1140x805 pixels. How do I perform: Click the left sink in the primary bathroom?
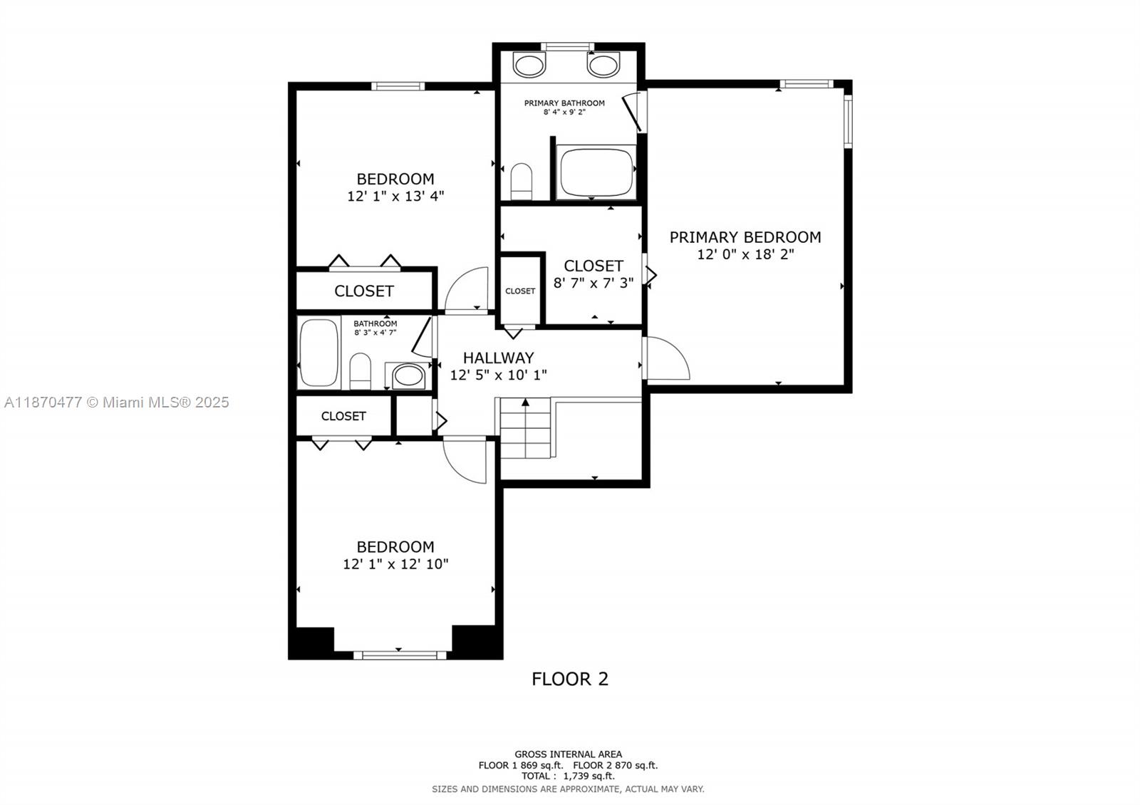tap(529, 66)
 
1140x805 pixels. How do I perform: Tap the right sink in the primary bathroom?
tap(602, 66)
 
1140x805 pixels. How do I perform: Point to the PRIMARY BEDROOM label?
tap(745, 237)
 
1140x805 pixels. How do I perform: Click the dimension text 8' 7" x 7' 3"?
tap(594, 283)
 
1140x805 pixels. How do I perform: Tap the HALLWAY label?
tap(498, 358)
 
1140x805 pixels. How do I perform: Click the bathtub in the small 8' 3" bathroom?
tap(318, 352)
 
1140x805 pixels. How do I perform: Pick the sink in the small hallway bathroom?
tap(408, 375)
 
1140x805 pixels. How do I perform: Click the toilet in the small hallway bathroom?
tap(361, 370)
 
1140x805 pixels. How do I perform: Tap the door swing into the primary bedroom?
tap(668, 360)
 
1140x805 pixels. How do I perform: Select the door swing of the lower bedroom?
tap(465, 459)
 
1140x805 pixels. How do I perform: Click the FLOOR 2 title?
tap(570, 679)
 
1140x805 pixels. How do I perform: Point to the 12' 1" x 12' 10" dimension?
tap(395, 564)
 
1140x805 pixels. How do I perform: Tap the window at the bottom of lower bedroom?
tap(399, 654)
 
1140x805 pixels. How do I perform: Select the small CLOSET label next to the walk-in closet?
tap(520, 291)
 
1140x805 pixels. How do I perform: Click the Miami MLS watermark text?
tap(116, 402)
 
